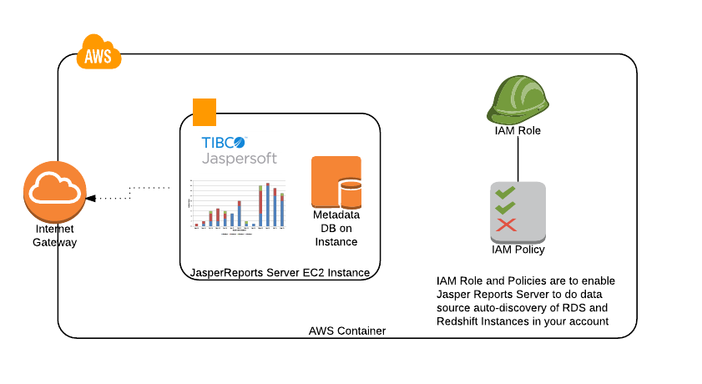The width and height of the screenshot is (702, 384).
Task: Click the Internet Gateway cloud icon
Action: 54,192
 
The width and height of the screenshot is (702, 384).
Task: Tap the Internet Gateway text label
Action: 54,235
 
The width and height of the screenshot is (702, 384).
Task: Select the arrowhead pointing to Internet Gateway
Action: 91,198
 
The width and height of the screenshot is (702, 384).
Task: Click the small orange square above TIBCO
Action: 205,111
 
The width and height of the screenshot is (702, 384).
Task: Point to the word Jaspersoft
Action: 239,158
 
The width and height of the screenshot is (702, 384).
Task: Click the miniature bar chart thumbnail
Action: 239,205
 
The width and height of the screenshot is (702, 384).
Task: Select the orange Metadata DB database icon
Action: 336,181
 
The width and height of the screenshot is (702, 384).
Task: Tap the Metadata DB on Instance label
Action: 336,228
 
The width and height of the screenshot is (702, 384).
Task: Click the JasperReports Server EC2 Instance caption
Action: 280,272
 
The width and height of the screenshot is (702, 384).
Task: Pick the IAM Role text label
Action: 518,130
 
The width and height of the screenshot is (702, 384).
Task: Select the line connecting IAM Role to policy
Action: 518,159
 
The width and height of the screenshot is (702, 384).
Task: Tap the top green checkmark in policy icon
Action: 505,193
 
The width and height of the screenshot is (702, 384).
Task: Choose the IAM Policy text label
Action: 518,249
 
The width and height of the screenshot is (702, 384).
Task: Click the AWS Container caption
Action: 347,331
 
